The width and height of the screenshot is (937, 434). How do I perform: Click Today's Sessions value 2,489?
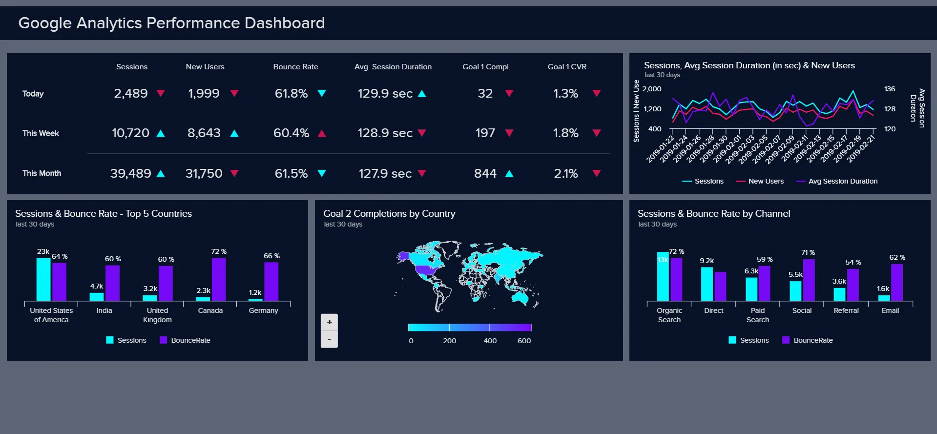pos(130,93)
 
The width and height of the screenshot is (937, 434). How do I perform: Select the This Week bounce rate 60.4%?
pos(291,133)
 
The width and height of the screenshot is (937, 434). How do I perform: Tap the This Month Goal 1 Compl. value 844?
pos(485,173)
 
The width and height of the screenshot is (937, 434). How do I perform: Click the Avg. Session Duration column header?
pos(393,67)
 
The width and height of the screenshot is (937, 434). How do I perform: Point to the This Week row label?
pos(41,133)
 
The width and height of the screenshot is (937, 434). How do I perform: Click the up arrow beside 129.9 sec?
pos(422,93)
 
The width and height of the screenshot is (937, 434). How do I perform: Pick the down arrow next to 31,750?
pos(234,173)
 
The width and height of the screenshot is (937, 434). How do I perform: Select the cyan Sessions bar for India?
pos(97,296)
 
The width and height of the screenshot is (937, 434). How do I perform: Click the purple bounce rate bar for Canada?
pos(219,279)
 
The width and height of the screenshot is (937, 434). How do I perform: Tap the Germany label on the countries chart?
pos(264,310)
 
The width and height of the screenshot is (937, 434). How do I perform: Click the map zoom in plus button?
pos(329,322)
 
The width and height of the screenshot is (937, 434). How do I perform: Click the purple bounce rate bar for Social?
pos(809,280)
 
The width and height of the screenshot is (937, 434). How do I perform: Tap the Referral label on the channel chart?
pos(846,310)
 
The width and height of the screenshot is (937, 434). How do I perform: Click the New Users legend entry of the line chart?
pos(760,181)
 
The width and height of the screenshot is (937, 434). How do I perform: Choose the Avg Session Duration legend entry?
pos(837,181)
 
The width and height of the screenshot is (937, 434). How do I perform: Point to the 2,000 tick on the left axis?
pos(652,89)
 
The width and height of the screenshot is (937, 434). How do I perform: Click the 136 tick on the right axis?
pos(890,89)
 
